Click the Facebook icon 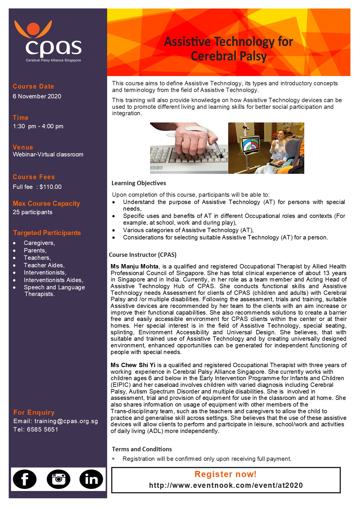coord(25,479)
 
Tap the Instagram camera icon coord(58,479)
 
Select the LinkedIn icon coord(91,479)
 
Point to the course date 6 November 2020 coord(37,96)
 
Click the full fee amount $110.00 coord(51,187)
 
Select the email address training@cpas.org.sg coord(66,421)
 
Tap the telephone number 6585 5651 coord(42,429)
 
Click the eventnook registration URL coord(226,485)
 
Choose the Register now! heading coord(226,474)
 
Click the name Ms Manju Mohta coord(134,266)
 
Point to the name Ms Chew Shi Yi coord(133,365)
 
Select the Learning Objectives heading coord(139,183)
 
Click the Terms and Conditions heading coord(142,449)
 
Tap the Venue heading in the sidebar coord(23,147)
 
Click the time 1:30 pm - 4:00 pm coord(38,126)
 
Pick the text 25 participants coord(33,212)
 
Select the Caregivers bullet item coord(39,243)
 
